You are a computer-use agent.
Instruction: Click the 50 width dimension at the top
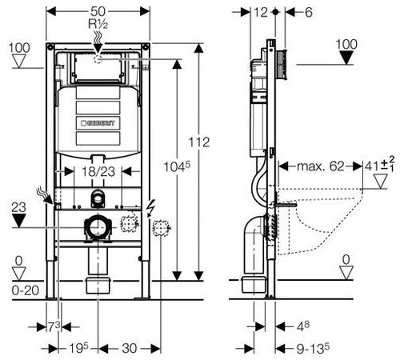pyautogui.click(x=98, y=11)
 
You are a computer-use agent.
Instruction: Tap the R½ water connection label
pyautogui.click(x=98, y=24)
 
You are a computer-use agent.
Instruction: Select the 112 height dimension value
pyautogui.click(x=199, y=142)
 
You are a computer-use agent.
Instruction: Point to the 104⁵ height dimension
pyautogui.click(x=177, y=167)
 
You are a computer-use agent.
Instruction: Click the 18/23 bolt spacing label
pyautogui.click(x=98, y=171)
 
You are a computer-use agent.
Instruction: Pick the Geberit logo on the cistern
pyautogui.click(x=98, y=123)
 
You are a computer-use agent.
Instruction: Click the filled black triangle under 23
pyautogui.click(x=18, y=221)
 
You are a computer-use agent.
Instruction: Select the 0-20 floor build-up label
pyautogui.click(x=26, y=290)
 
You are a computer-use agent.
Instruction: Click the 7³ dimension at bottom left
pyautogui.click(x=54, y=326)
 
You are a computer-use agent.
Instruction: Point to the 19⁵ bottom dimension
pyautogui.click(x=78, y=348)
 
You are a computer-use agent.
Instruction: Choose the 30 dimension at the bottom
pyautogui.click(x=130, y=348)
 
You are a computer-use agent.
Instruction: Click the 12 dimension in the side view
pyautogui.click(x=260, y=12)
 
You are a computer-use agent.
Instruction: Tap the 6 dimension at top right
pyautogui.click(x=308, y=12)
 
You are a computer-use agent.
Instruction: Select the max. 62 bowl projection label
pyautogui.click(x=321, y=166)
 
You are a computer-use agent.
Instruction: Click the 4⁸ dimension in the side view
pyautogui.click(x=303, y=326)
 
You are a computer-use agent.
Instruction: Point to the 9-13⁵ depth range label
pyautogui.click(x=313, y=348)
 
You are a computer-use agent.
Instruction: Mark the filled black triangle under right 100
pyautogui.click(x=346, y=58)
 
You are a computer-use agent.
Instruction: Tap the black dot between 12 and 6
pyautogui.click(x=275, y=12)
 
